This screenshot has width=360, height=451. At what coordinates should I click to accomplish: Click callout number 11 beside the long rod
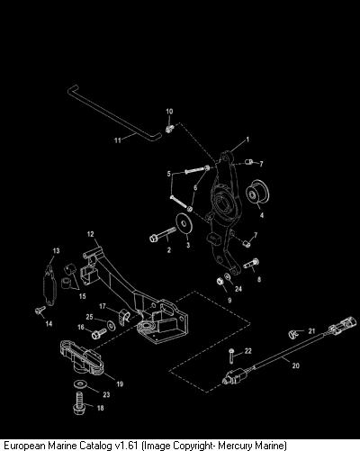click(x=118, y=140)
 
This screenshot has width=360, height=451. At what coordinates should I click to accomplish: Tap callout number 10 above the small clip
click(x=169, y=112)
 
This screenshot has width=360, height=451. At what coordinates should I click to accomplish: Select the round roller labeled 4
click(x=257, y=193)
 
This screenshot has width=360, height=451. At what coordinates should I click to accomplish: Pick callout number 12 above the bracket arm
click(x=91, y=234)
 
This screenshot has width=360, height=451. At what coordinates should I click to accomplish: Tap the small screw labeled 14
click(x=40, y=311)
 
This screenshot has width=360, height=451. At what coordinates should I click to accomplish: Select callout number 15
click(x=83, y=296)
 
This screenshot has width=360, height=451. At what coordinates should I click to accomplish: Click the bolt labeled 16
click(x=99, y=333)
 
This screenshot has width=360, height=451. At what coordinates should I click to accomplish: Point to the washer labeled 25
click(x=111, y=326)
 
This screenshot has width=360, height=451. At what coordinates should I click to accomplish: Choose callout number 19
click(x=120, y=383)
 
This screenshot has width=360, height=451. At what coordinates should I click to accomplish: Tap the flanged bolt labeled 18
click(x=78, y=403)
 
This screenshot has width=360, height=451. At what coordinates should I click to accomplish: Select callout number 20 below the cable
click(x=296, y=365)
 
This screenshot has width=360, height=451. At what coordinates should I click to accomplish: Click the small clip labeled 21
click(x=293, y=333)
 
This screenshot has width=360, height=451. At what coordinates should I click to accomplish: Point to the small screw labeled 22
click(x=231, y=356)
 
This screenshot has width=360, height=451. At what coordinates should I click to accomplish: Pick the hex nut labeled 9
click(x=220, y=282)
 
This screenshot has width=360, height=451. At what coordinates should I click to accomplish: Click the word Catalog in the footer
click(x=96, y=445)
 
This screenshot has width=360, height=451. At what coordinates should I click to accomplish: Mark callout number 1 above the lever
click(x=247, y=140)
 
